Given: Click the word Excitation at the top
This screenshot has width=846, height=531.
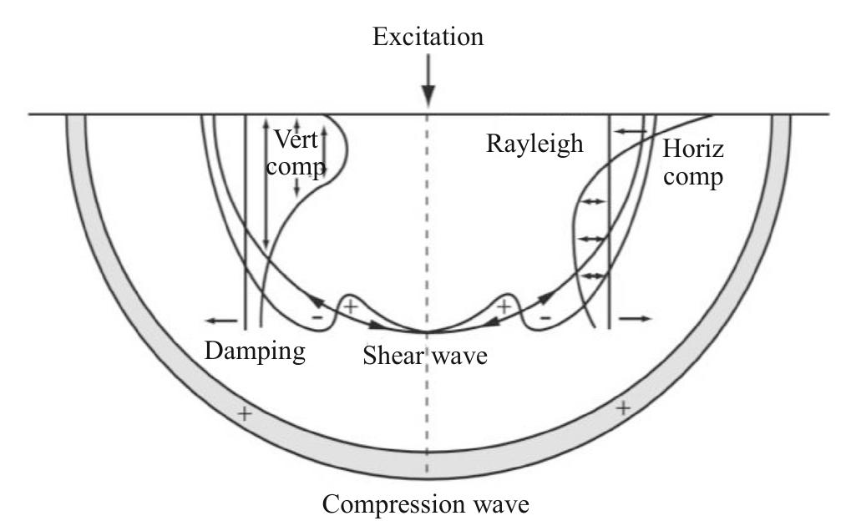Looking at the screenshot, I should [428, 38].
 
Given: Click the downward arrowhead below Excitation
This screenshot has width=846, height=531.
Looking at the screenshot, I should [428, 96].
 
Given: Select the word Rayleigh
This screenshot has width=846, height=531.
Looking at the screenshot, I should [534, 144].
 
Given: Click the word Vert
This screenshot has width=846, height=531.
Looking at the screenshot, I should [296, 139].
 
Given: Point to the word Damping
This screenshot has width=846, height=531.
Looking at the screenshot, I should [255, 351].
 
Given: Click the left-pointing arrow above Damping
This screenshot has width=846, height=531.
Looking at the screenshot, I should [219, 320].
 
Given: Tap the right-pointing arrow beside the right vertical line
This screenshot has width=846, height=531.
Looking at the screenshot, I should [635, 318].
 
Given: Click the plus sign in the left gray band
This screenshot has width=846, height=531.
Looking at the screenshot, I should [244, 413].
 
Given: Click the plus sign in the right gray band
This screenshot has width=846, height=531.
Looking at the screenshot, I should [622, 407].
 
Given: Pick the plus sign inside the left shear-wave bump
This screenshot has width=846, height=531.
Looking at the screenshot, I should [351, 306].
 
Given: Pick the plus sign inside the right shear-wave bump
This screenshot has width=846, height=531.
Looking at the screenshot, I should [504, 306].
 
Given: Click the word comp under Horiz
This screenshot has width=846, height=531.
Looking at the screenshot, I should [694, 178].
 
